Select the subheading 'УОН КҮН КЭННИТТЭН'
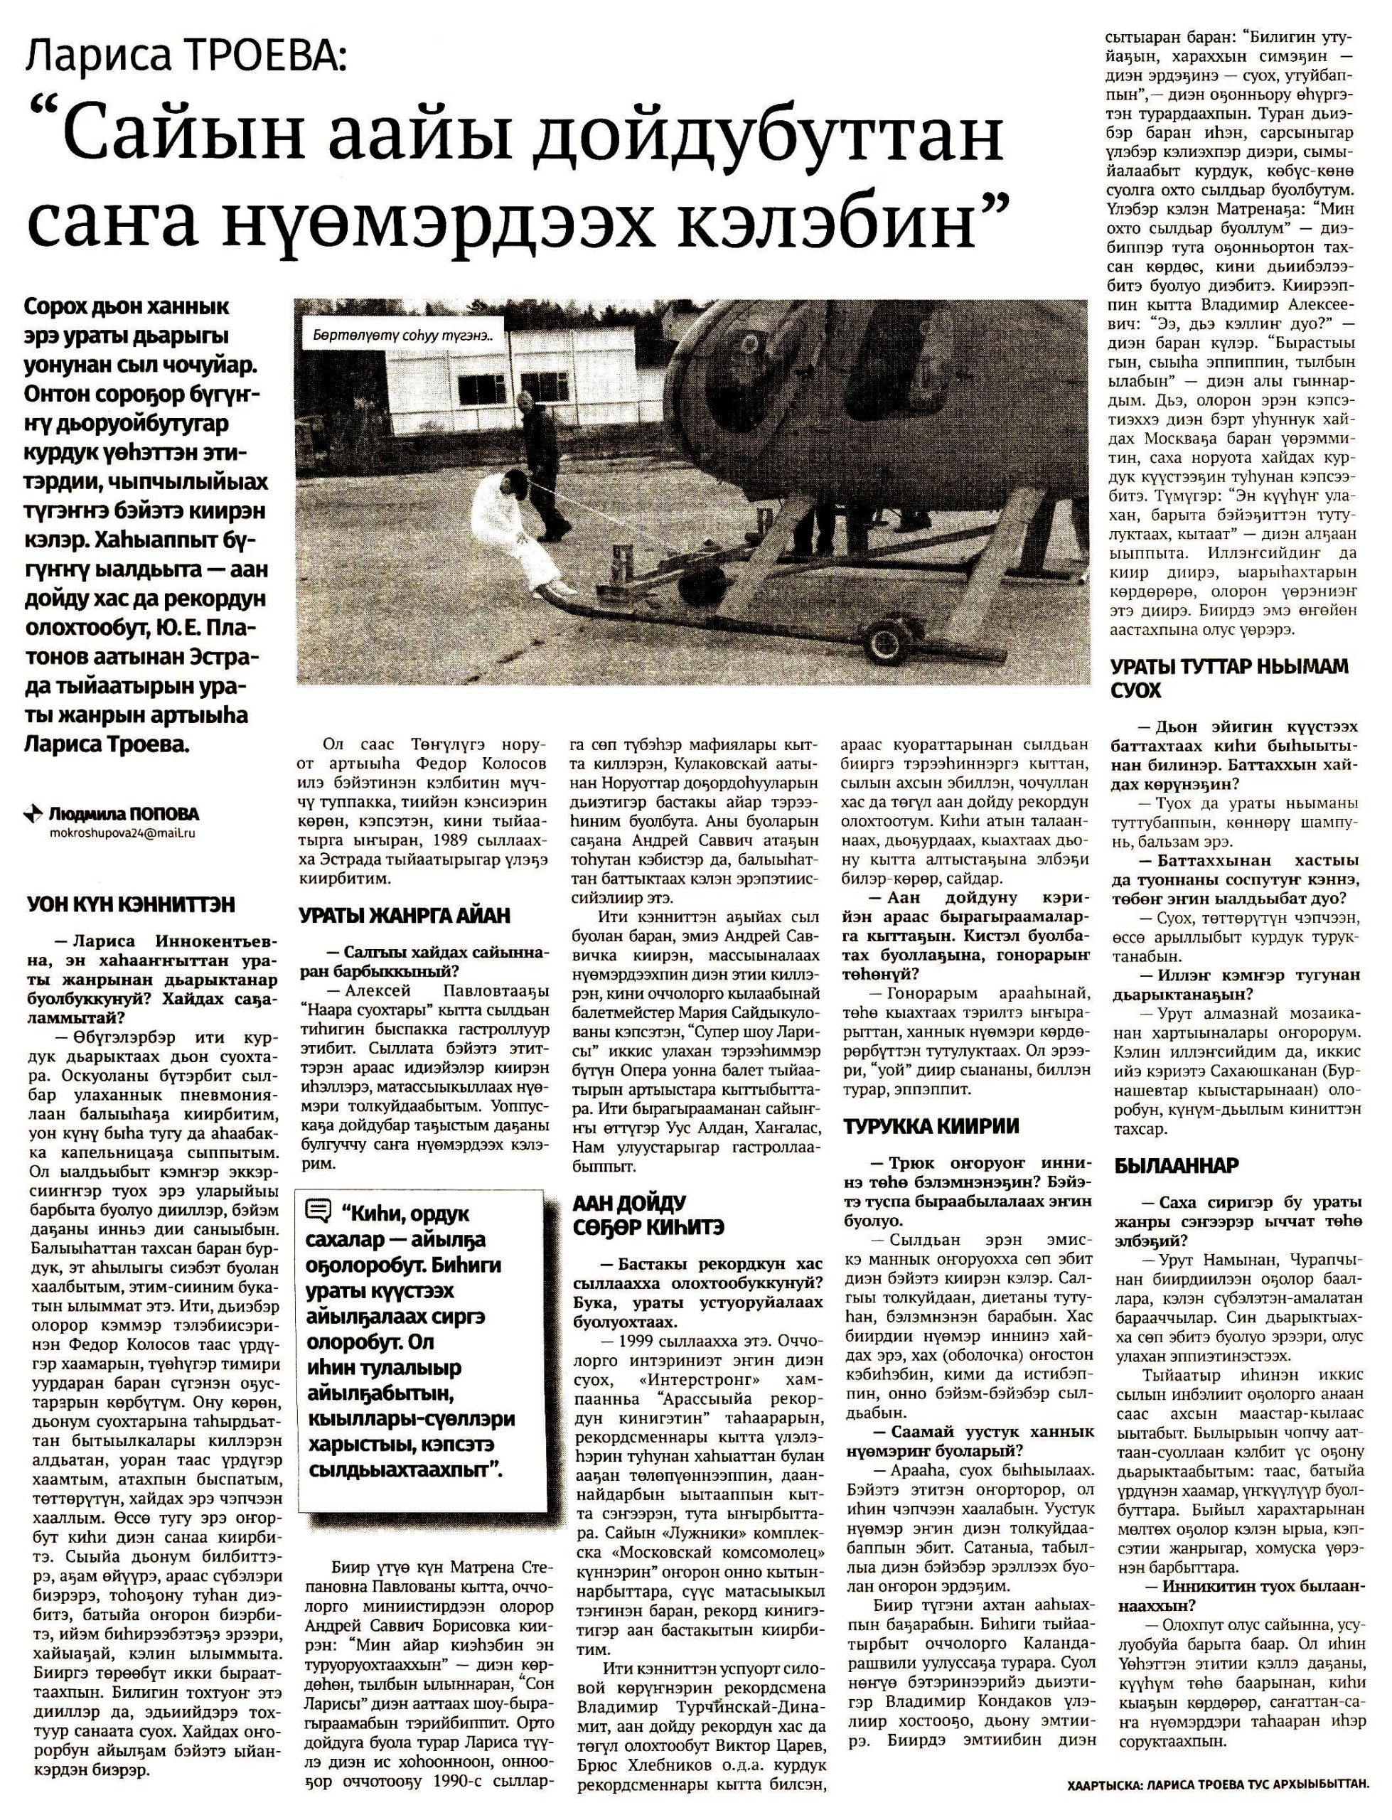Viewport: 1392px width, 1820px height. pos(132,904)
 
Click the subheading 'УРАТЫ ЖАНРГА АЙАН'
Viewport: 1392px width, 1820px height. pos(405,916)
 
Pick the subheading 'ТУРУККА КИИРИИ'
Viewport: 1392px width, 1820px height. pos(931,1126)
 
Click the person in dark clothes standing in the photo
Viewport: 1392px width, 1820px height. pos(542,464)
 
